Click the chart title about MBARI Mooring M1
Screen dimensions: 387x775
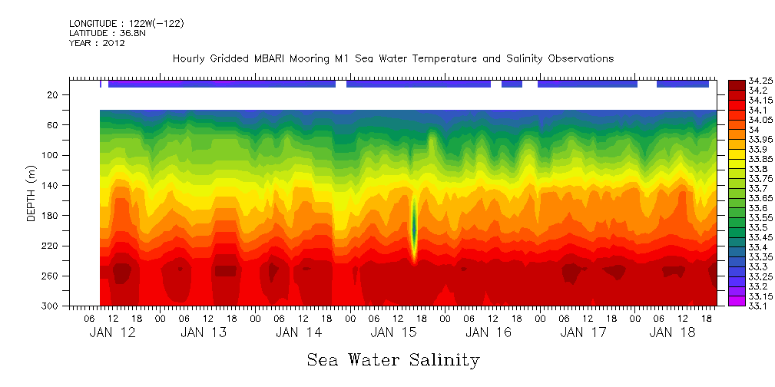pyautogui.click(x=392, y=59)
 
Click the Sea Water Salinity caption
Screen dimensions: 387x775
pyautogui.click(x=393, y=359)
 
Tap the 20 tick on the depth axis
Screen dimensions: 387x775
pyautogui.click(x=53, y=95)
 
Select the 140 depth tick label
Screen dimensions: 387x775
pyautogui.click(x=51, y=186)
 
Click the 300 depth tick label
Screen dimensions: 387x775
pyautogui.click(x=51, y=306)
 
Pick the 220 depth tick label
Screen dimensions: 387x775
pyautogui.click(x=51, y=246)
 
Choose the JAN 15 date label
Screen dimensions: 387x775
pyautogui.click(x=392, y=332)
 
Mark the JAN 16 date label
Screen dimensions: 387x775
pyautogui.click(x=488, y=332)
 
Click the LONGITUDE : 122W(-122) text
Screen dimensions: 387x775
pyautogui.click(x=126, y=24)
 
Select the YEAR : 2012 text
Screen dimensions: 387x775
pyautogui.click(x=97, y=43)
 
